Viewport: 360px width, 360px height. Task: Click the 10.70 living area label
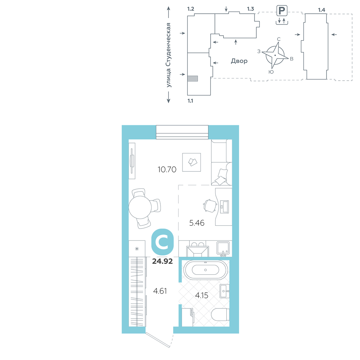(x=167, y=170)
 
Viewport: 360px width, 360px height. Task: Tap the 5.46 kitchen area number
(x=197, y=223)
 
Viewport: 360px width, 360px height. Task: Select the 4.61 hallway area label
(x=160, y=291)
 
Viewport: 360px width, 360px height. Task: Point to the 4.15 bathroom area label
(x=202, y=295)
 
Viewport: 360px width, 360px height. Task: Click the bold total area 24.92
(x=162, y=261)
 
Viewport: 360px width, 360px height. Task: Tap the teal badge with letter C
(x=163, y=242)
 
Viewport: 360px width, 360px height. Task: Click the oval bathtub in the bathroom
(x=206, y=270)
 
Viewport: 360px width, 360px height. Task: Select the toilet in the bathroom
(x=220, y=315)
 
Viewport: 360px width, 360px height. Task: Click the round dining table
(x=140, y=207)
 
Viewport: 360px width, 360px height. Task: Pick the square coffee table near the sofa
(x=192, y=162)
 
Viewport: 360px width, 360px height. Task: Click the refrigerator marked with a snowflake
(x=137, y=248)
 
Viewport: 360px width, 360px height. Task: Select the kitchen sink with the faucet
(x=223, y=248)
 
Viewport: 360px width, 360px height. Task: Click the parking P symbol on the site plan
(x=282, y=10)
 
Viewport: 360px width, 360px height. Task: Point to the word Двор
(x=239, y=61)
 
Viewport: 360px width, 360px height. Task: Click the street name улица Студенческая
(x=168, y=55)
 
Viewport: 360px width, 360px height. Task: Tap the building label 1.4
(x=321, y=10)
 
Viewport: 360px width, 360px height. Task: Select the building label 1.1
(x=190, y=101)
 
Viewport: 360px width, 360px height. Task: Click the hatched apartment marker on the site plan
(x=193, y=78)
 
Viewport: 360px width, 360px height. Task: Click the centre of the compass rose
(x=275, y=55)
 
